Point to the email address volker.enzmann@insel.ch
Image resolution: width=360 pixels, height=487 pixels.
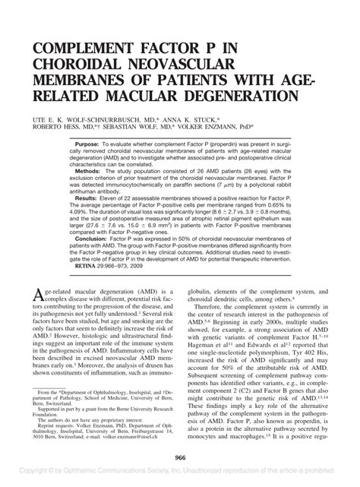click(x=144, y=436)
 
